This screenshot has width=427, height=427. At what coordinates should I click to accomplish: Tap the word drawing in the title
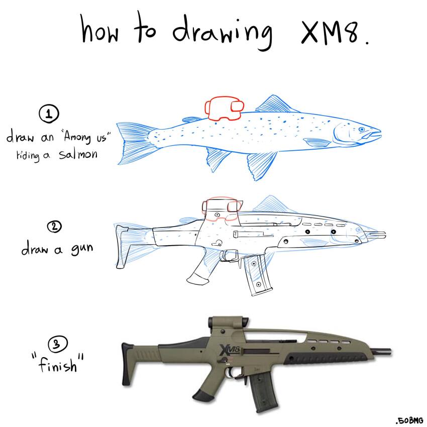pos(224,31)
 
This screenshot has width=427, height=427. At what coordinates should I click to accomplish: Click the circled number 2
pos(54,227)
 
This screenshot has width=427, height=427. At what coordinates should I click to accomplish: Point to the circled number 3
pos(55,345)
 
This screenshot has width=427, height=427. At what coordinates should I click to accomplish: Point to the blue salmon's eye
pos(361,130)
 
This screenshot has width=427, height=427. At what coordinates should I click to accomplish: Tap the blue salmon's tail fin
pos(133,143)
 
